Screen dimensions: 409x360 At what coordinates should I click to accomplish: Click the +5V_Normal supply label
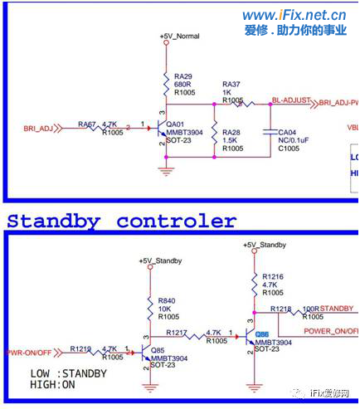coord(179,37)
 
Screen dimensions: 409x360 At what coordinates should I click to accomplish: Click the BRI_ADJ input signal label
coord(36,129)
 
